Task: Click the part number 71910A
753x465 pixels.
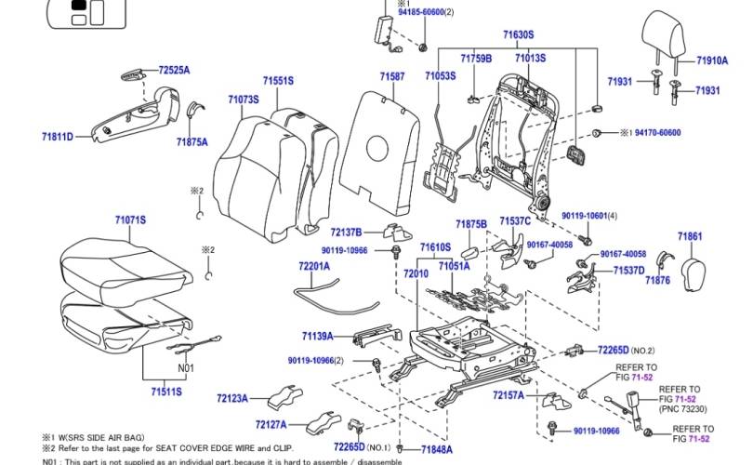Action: pyautogui.click(x=712, y=60)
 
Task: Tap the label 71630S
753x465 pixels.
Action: pyautogui.click(x=518, y=34)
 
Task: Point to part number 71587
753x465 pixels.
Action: pyautogui.click(x=392, y=75)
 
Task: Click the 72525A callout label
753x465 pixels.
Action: pyautogui.click(x=174, y=70)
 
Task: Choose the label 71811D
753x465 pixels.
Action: pyautogui.click(x=57, y=137)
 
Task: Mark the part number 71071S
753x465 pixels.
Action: pyautogui.click(x=131, y=219)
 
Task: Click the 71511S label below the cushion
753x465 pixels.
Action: pyautogui.click(x=166, y=392)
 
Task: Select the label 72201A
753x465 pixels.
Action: pyautogui.click(x=314, y=266)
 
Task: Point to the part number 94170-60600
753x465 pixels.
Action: pyautogui.click(x=657, y=133)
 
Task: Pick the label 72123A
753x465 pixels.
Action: pyautogui.click(x=232, y=398)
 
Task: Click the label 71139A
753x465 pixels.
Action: pyautogui.click(x=317, y=335)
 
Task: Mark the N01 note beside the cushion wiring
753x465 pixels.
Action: pyautogui.click(x=187, y=367)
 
